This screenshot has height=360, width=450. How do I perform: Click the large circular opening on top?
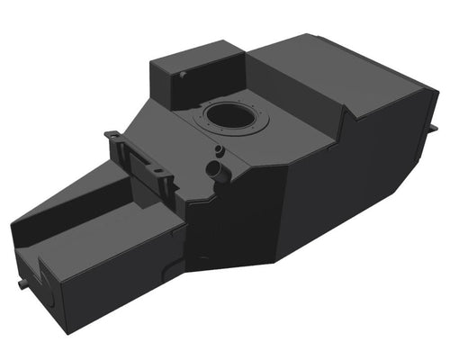coord(230,117)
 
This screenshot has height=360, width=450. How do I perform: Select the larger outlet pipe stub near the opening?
coord(216,168)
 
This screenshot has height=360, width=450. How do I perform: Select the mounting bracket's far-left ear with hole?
coord(112,138)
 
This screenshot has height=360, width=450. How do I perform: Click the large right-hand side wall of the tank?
coord(360,189)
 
